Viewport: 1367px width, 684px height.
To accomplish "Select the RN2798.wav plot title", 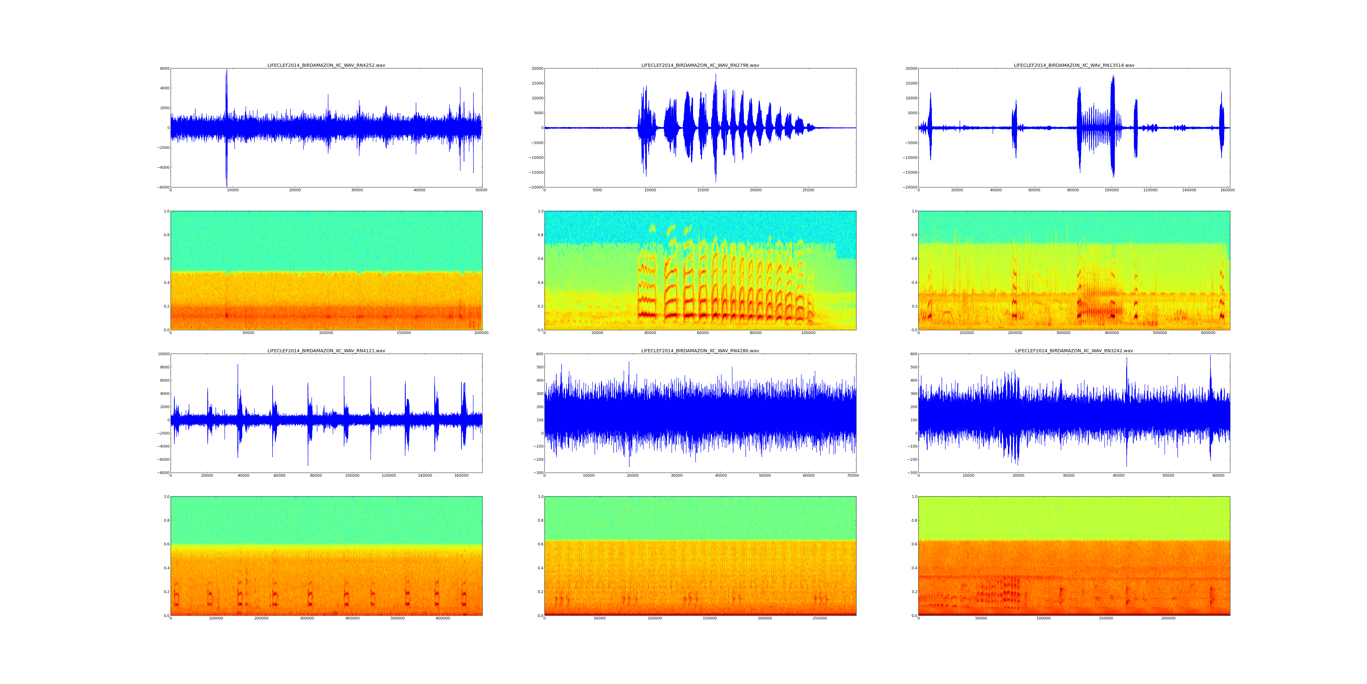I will (700, 65).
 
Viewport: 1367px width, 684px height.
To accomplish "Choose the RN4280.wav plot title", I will (700, 351).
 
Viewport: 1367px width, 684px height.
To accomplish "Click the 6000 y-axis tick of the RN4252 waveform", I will (164, 68).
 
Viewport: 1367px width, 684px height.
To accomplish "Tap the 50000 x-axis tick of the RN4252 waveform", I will (481, 190).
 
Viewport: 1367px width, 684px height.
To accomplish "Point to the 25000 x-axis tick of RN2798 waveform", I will (808, 190).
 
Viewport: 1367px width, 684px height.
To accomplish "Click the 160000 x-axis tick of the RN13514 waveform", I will (1227, 190).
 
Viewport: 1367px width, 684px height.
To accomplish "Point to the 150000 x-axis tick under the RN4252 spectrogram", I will (404, 333).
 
